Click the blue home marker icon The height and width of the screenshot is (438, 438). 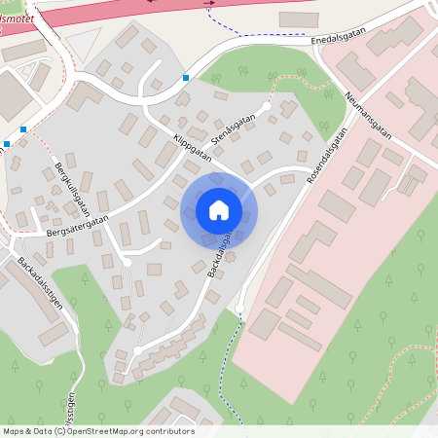pyautogui.click(x=219, y=209)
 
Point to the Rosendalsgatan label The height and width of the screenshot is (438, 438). pyautogui.click(x=325, y=154)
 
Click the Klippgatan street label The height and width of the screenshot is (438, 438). pyautogui.click(x=193, y=144)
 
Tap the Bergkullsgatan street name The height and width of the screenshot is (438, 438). pyautogui.click(x=74, y=187)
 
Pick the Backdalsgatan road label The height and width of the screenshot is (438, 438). pyautogui.click(x=219, y=252)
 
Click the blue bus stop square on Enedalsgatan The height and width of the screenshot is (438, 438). pyautogui.click(x=186, y=78)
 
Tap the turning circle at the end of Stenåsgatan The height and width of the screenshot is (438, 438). pyautogui.click(x=266, y=104)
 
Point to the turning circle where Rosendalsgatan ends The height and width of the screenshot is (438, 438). pyautogui.click(x=239, y=310)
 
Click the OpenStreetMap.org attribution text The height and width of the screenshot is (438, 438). pyautogui.click(x=127, y=431)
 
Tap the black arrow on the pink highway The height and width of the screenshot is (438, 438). pyautogui.click(x=209, y=4)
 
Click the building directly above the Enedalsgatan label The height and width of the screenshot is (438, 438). pyautogui.click(x=298, y=19)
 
